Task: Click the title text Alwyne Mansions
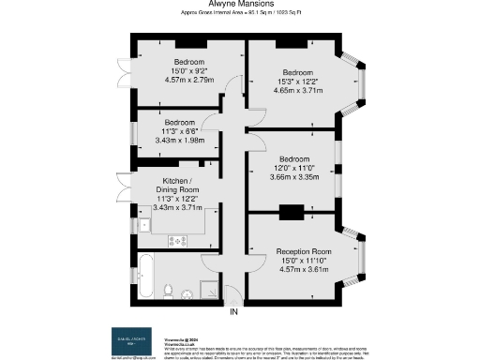click(239, 5)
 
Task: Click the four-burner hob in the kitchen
click(178, 241)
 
